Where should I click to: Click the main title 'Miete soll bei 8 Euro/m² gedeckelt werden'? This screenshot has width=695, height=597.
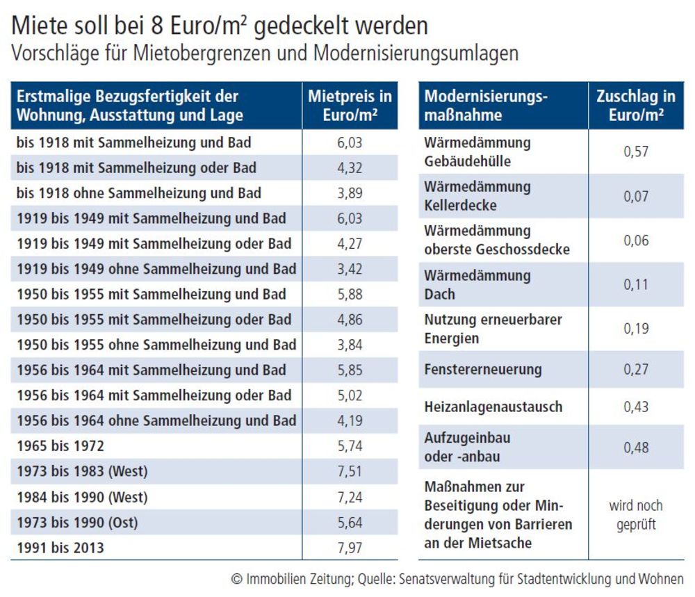click(220, 26)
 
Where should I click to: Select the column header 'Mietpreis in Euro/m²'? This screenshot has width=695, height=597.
click(350, 106)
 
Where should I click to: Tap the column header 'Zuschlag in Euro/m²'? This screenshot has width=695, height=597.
click(636, 106)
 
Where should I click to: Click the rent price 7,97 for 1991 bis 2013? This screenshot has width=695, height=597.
click(350, 548)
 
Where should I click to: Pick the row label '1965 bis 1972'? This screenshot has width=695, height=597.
click(60, 446)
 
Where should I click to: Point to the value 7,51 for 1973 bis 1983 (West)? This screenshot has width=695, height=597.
click(350, 471)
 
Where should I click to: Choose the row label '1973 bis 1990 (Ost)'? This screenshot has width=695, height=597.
click(77, 523)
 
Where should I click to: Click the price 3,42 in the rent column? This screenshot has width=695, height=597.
click(350, 269)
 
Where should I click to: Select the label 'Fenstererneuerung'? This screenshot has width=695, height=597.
click(483, 369)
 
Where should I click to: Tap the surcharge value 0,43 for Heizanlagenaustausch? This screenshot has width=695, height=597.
click(636, 407)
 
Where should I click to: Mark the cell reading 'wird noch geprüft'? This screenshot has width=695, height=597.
click(636, 514)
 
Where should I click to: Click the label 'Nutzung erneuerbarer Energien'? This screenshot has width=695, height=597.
click(493, 329)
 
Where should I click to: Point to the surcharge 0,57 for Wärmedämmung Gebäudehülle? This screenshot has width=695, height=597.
click(636, 152)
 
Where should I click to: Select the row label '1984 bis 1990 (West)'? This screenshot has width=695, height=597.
click(82, 498)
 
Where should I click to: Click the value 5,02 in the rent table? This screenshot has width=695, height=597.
click(350, 395)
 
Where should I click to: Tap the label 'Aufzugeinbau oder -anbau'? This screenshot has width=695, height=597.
click(467, 447)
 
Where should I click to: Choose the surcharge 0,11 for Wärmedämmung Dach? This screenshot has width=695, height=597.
click(636, 284)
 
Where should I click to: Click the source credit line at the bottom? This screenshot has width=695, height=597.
click(457, 579)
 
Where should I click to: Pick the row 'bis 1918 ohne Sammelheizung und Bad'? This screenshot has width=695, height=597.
click(139, 193)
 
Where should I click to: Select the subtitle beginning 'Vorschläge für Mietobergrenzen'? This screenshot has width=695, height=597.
click(265, 54)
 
